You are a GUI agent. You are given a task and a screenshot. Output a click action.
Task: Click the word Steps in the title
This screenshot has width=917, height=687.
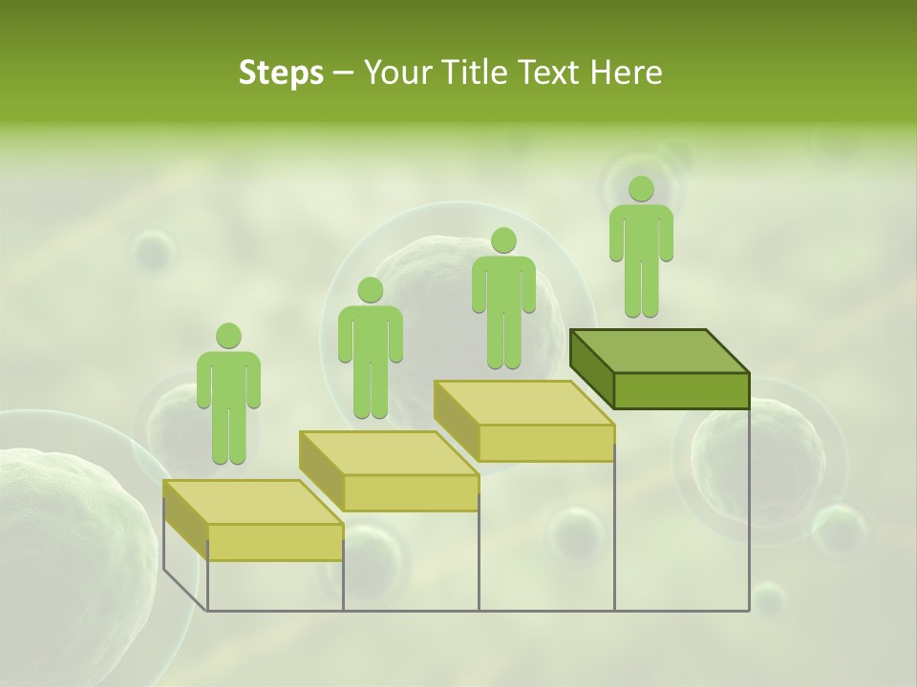pos(281,73)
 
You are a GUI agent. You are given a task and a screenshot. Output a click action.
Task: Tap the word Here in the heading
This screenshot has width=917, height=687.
pos(627,73)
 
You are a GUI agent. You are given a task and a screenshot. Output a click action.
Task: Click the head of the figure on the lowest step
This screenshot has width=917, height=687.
pos(228,336)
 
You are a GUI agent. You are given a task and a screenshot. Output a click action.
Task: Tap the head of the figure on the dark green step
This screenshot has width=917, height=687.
pos(641,189)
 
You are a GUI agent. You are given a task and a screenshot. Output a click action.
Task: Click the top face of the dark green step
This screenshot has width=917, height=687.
pos(659,351)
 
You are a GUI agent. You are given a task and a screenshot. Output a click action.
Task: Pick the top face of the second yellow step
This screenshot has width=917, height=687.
pos(388,452)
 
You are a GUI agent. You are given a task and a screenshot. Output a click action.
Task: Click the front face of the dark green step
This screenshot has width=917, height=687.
pos(681,390)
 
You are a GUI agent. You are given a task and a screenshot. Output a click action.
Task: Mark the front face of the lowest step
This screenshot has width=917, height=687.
pos(275,542)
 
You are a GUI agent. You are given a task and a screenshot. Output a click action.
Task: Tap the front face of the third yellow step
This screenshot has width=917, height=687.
pos(545,443)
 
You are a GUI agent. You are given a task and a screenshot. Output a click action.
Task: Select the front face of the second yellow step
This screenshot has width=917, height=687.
pos(411,492)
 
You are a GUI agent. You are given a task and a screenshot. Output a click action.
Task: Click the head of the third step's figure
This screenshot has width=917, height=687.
pos(503,240)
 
